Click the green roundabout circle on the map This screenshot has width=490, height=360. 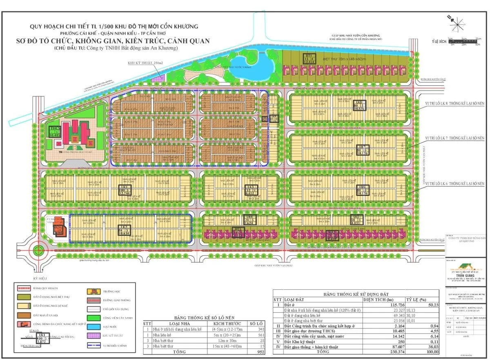coord(39,250)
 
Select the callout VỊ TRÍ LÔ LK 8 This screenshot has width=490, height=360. coord(454,103)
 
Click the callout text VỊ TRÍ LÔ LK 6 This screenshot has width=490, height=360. coord(454,184)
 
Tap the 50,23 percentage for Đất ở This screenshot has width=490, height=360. coord(422,304)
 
